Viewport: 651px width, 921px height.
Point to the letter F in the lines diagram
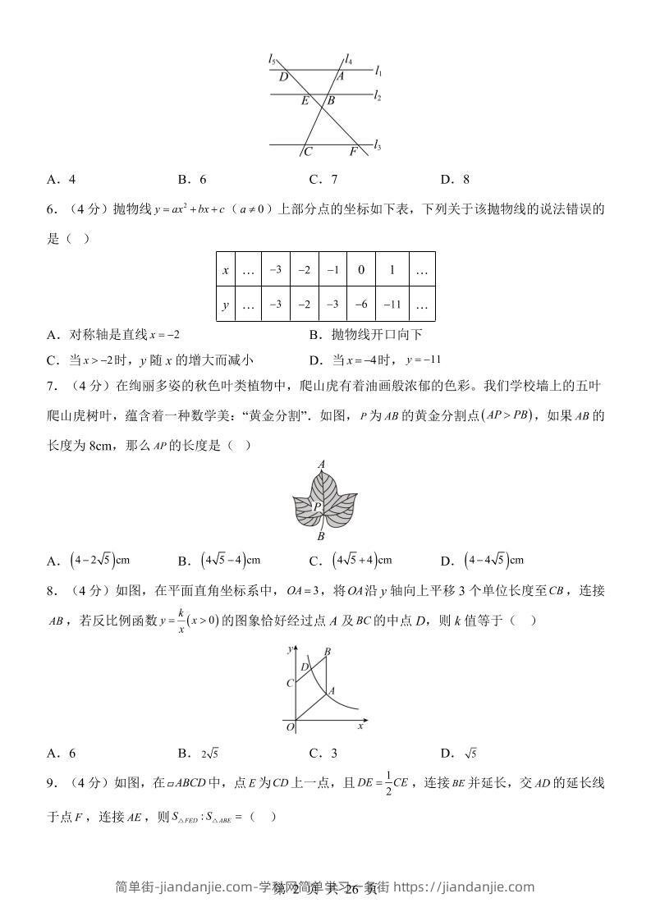click(353, 152)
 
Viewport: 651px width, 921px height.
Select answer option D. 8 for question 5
click(455, 180)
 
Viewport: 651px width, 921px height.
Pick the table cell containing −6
click(360, 305)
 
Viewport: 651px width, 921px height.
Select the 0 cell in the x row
click(360, 269)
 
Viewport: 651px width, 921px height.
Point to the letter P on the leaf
click(317, 508)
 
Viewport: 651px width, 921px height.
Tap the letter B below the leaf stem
click(321, 537)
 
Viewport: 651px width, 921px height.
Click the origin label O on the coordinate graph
click(289, 726)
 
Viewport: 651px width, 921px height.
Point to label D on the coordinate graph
click(304, 667)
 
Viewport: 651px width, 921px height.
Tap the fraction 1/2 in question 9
click(385, 783)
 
